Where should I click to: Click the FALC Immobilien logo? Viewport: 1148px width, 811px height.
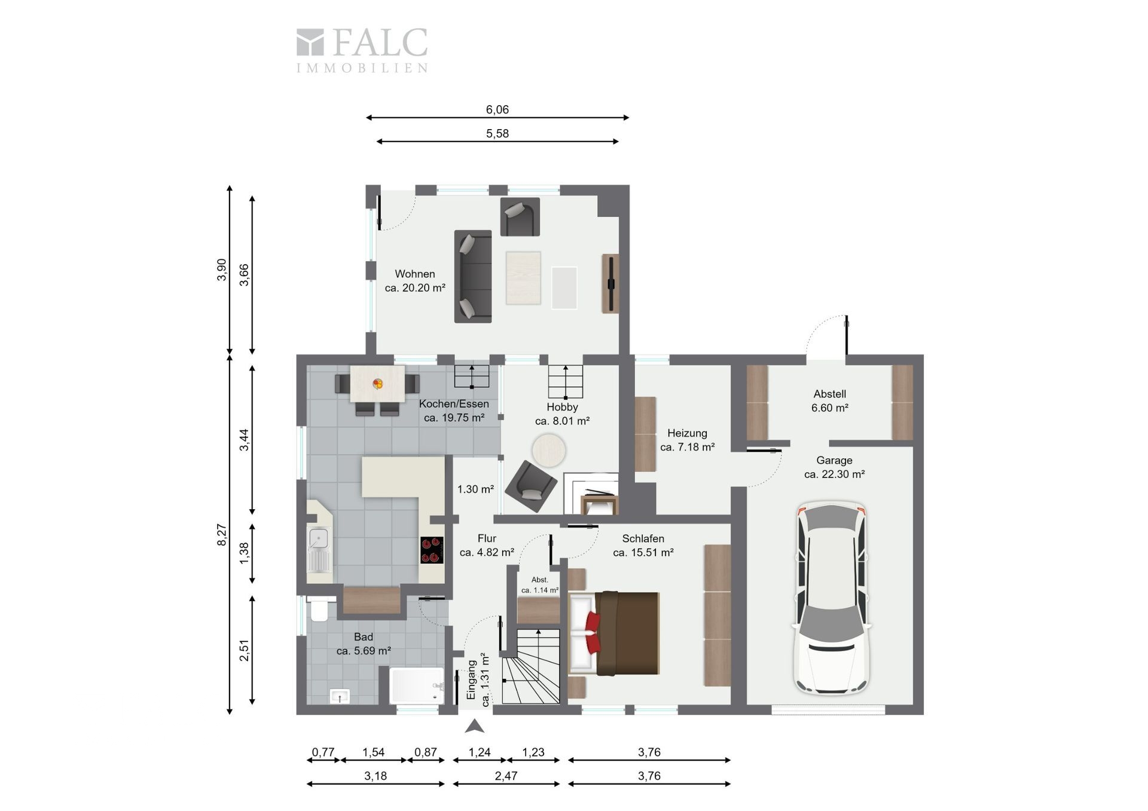point(362,50)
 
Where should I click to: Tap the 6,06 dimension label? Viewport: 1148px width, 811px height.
point(497,109)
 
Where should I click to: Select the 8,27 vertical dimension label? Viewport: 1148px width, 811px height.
point(222,534)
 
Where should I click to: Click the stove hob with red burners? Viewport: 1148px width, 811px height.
point(432,550)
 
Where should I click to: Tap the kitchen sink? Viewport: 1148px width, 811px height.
point(318,549)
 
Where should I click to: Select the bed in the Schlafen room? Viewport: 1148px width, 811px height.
point(614,634)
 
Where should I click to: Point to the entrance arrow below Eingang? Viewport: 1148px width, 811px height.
point(475,726)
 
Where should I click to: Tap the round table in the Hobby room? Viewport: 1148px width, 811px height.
point(549,450)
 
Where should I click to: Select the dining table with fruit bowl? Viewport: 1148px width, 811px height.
point(377,384)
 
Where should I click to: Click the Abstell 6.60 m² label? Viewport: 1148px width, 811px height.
point(830,401)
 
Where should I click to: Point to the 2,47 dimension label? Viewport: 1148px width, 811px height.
point(506,776)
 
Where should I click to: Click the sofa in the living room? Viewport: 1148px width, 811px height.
point(473,277)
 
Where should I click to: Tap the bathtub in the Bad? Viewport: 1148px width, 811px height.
point(417,685)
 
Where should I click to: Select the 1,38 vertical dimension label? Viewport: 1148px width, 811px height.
point(244,553)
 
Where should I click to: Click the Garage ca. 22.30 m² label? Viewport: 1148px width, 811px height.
point(834,467)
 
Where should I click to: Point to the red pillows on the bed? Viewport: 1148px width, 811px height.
point(593,633)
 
